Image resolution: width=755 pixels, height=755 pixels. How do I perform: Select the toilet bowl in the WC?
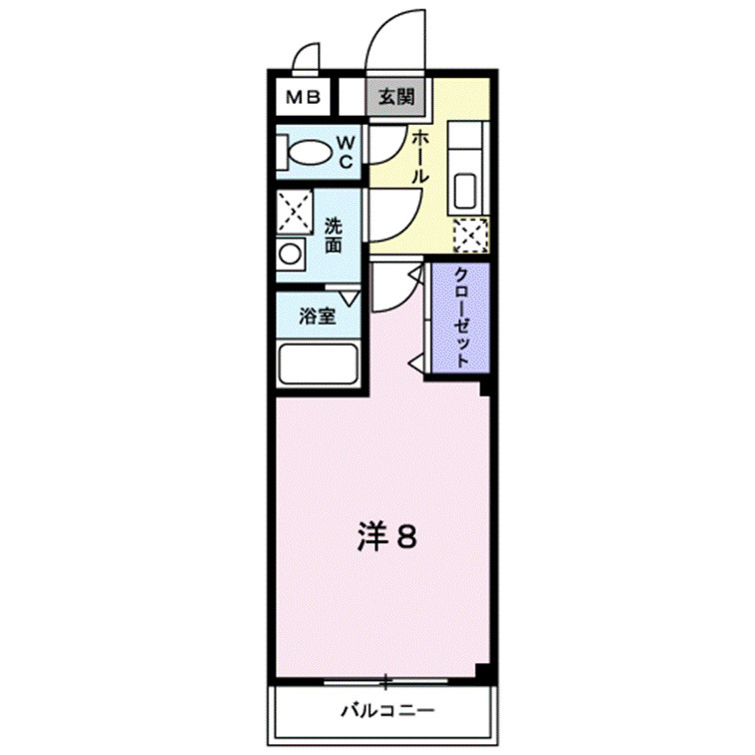click(x=310, y=153)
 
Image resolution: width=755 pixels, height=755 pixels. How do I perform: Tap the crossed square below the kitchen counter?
click(x=468, y=236)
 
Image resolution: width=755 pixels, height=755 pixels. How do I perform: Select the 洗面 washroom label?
click(x=334, y=236)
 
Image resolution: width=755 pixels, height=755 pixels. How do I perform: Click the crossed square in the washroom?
click(x=296, y=211)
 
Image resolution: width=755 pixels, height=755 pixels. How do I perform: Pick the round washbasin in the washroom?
click(x=291, y=254)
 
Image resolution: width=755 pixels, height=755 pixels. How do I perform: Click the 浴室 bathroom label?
click(x=317, y=318)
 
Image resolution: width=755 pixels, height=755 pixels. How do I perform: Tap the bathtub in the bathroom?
click(x=319, y=363)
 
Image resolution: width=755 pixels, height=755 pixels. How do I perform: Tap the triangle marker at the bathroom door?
click(x=349, y=297)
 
